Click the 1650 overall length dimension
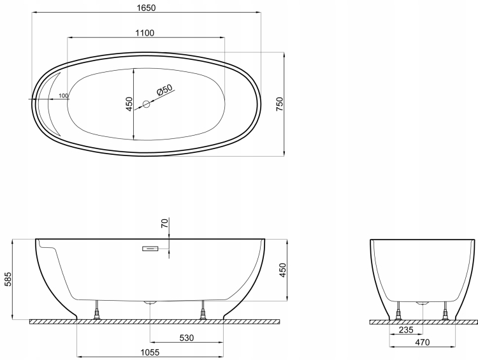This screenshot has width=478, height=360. pos(147,8)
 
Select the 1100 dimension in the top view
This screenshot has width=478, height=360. pos(145,32)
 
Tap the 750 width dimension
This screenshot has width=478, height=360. pos(280,104)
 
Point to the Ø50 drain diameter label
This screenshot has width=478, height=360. pos(164,90)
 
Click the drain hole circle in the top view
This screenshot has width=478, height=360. pos(147,104)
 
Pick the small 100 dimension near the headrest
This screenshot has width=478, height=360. pos(63,96)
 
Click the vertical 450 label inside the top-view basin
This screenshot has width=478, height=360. pos(129,104)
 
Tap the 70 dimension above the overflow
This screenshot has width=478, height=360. pos(164,224)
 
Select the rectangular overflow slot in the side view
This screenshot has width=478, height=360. pos(150,248)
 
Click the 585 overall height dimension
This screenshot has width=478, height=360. pos(8,279)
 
